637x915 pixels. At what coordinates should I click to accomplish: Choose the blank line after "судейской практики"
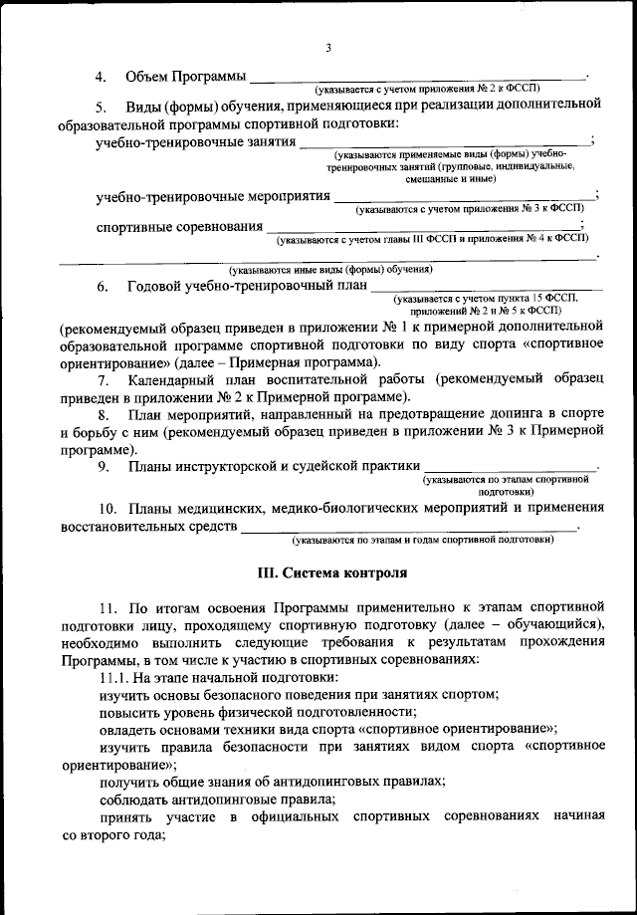point(511,466)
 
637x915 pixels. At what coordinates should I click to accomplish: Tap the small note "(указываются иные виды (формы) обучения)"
point(329,269)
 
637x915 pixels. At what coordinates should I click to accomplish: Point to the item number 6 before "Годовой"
point(103,287)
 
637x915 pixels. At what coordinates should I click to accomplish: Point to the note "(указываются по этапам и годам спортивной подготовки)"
point(423,540)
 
